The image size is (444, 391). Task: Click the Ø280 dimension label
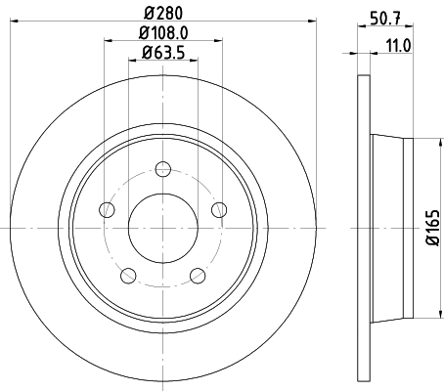click(x=163, y=12)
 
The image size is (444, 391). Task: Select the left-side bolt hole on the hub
click(x=107, y=209)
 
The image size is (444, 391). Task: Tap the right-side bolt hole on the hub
click(x=219, y=208)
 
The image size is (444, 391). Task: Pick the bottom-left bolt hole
click(x=128, y=275)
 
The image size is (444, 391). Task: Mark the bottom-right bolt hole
click(x=198, y=275)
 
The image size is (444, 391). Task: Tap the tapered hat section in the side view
click(x=391, y=227)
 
